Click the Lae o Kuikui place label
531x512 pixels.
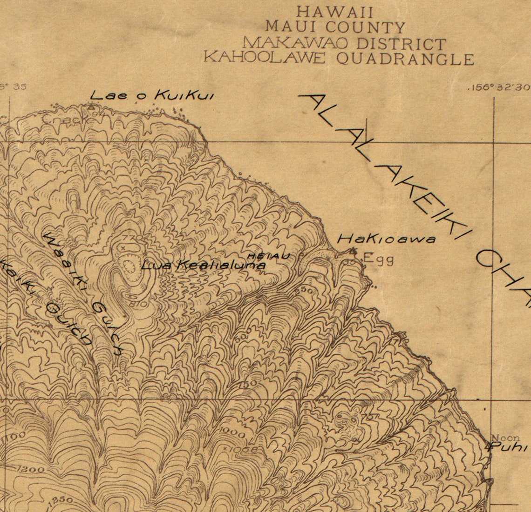[152, 96]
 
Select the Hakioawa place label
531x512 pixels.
[386, 239]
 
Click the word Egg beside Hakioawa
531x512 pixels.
[378, 259]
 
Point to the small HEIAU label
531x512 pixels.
[268, 256]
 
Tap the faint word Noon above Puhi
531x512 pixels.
[505, 438]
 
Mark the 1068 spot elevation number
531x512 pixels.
[241, 449]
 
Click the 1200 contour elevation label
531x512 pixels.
[31, 469]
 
